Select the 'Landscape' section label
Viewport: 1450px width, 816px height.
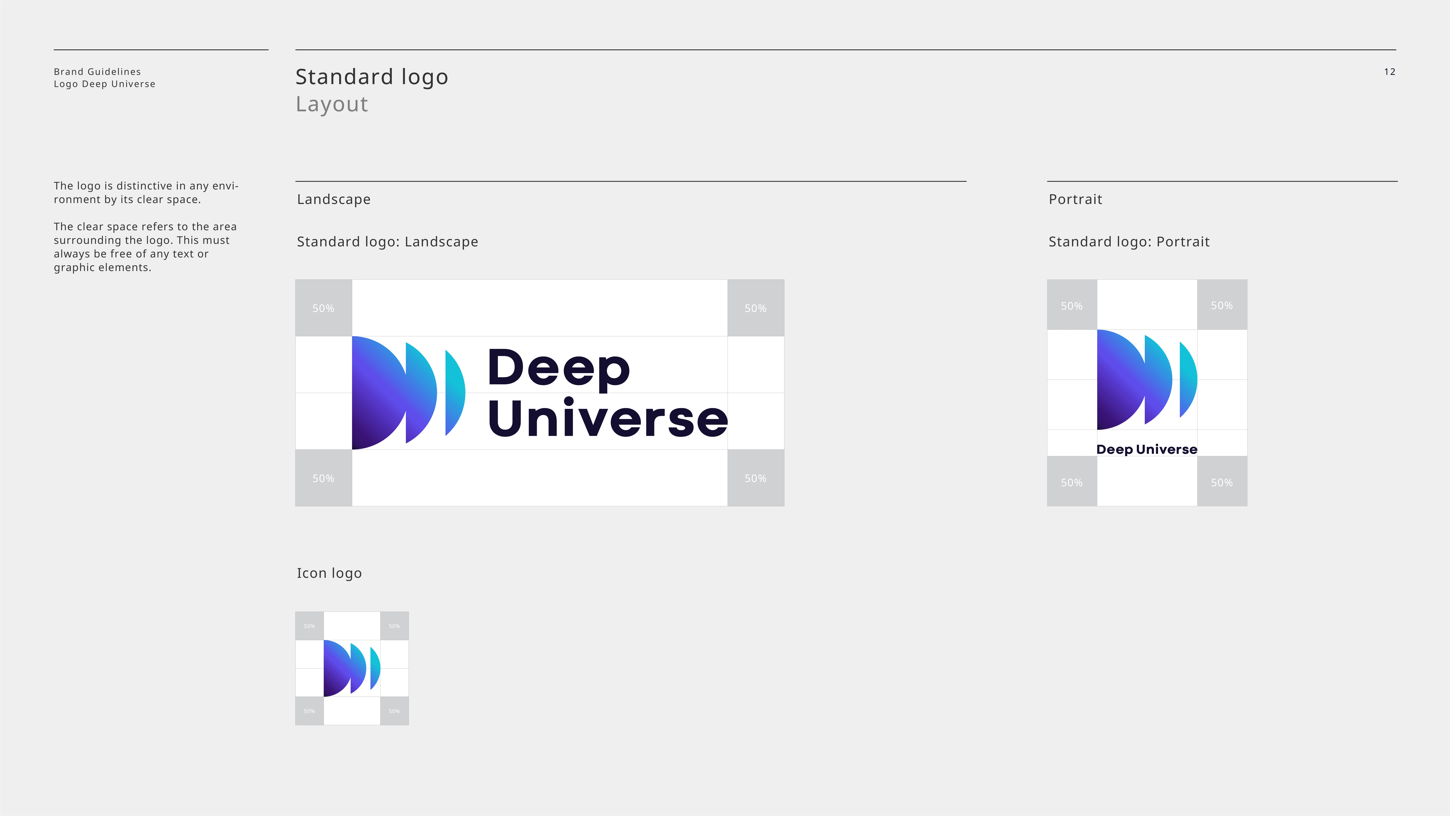click(x=334, y=199)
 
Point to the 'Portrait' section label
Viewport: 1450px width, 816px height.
click(x=1075, y=199)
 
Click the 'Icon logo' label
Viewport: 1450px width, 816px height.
click(x=329, y=573)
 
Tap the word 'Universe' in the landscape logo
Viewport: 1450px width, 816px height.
click(x=608, y=418)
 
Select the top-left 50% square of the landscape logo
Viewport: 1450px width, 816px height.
click(x=324, y=308)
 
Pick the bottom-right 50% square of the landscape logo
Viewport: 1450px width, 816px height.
click(x=755, y=478)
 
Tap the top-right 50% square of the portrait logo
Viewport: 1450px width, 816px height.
click(x=1222, y=305)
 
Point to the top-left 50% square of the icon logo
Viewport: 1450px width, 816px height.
click(x=310, y=626)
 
